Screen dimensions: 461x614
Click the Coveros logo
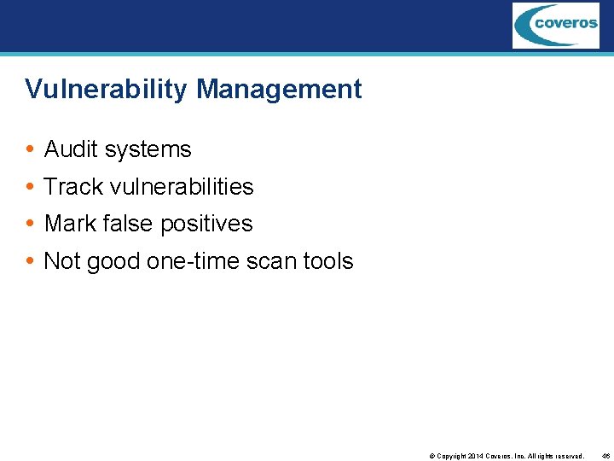tap(555, 25)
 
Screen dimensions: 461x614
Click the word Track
tap(72, 186)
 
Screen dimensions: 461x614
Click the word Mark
tap(70, 224)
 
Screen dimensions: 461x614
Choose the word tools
tap(327, 261)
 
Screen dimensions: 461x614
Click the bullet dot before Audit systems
tap(30, 150)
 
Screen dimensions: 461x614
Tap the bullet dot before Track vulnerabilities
tap(30, 187)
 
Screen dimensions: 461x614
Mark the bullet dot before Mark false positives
tap(30, 225)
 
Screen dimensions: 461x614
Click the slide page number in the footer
tap(605, 457)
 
